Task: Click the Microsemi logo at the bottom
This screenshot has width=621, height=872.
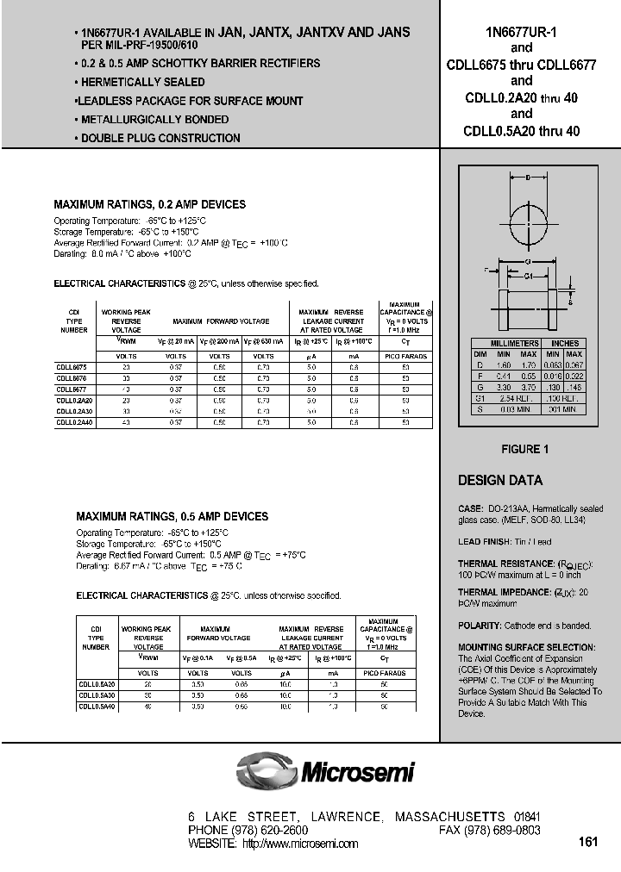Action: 327,769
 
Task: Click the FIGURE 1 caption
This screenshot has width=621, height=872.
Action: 524,449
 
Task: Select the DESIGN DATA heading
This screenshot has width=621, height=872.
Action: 499,481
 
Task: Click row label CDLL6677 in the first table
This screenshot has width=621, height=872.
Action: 72,389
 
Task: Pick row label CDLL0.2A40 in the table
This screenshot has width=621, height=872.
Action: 74,422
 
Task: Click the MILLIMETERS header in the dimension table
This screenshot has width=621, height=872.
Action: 515,343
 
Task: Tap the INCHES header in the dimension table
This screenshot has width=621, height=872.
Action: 564,343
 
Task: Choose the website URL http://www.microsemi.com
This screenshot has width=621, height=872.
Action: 300,844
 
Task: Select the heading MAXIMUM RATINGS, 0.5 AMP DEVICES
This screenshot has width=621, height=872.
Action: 172,516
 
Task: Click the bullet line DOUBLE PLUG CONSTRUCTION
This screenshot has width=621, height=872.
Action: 160,138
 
